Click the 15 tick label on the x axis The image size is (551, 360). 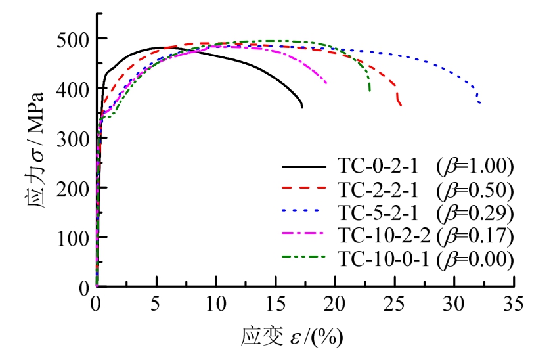pyautogui.click(x=275, y=305)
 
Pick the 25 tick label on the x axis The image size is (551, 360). pyautogui.click(x=395, y=305)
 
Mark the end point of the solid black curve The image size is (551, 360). pyautogui.click(x=301, y=107)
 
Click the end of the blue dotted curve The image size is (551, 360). pyautogui.click(x=480, y=103)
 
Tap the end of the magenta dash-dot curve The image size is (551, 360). pyautogui.click(x=326, y=83)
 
